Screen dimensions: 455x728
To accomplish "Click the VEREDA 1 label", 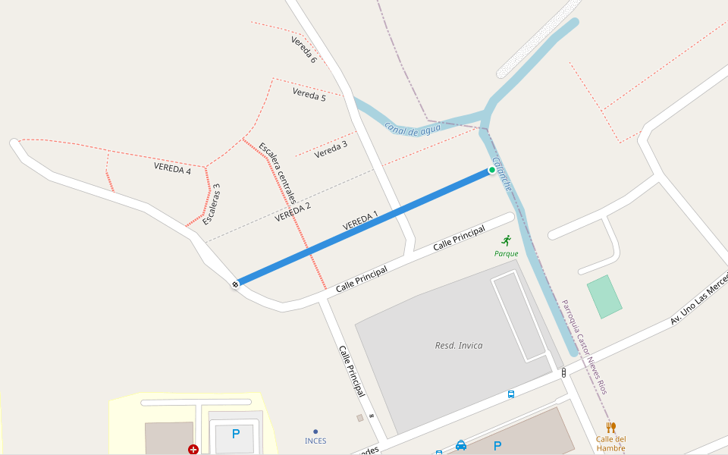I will point(360,220).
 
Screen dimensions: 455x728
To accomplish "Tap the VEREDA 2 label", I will point(293,212).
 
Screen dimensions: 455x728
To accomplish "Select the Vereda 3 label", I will point(331,149).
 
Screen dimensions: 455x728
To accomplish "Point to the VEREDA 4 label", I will point(172,168).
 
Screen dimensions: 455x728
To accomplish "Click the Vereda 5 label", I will point(309,95).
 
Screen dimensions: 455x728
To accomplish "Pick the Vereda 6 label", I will point(303,49).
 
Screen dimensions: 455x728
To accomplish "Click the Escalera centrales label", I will point(277,174).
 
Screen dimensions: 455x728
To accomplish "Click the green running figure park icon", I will point(507,240).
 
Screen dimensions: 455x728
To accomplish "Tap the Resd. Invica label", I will point(458,346).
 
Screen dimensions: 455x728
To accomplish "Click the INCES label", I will point(315,440).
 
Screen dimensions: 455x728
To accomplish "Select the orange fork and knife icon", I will point(611,427).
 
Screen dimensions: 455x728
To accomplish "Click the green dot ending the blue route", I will point(492,170).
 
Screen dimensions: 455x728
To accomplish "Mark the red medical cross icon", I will point(193,450).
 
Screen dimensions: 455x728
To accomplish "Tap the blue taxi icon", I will point(461,446).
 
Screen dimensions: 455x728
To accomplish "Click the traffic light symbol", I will point(563,372).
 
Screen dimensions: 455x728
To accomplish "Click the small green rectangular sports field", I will point(604,297).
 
